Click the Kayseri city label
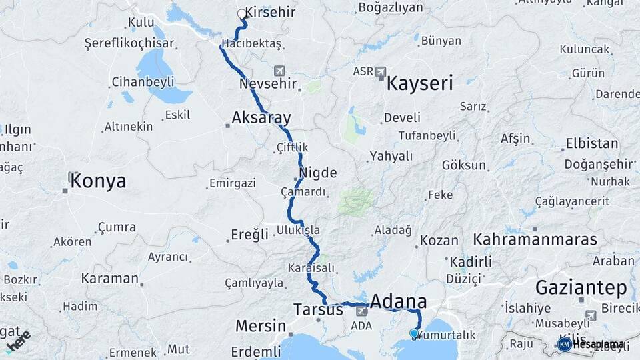(x=420, y=83)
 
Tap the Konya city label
(x=98, y=181)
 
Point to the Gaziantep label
(x=581, y=288)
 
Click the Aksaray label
(x=261, y=119)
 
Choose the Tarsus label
(x=318, y=310)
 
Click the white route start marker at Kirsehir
(x=242, y=13)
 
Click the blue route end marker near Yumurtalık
(x=414, y=333)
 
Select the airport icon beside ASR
(x=381, y=71)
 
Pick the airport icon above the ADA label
(x=362, y=311)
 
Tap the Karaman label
(x=109, y=279)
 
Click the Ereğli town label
(x=249, y=235)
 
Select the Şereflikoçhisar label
(x=129, y=43)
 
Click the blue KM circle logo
(x=564, y=344)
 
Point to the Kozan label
(x=439, y=241)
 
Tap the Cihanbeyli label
(x=143, y=81)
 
